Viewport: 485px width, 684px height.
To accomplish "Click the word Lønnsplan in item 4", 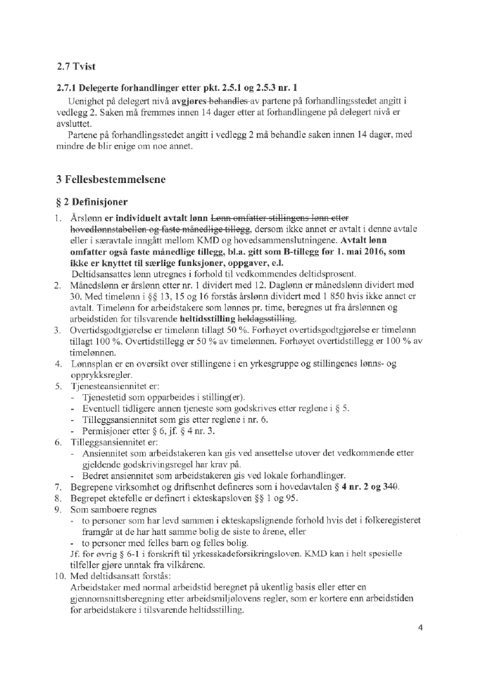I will pos(92,364).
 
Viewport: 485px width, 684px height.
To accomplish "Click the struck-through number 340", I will pos(389,486).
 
